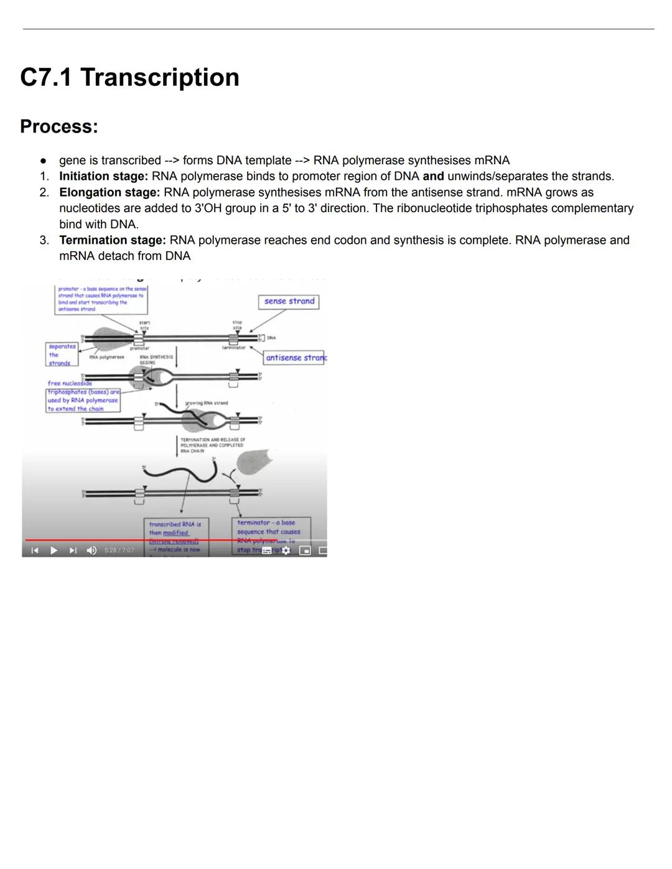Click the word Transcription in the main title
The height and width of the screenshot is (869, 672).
tap(159, 78)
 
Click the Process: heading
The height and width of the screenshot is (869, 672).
tap(59, 126)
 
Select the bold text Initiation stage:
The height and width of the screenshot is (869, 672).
tap(103, 176)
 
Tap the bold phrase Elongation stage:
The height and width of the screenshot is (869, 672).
tap(110, 192)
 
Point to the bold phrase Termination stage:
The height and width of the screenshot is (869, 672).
tap(113, 240)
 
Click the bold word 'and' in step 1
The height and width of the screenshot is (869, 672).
tap(433, 176)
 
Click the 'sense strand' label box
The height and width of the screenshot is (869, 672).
tap(289, 302)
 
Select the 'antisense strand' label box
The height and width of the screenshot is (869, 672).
tap(294, 358)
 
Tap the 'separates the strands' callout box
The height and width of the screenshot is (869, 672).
tap(62, 355)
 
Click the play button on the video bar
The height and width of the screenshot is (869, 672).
tap(54, 551)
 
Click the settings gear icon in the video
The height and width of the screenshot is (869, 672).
tap(286, 551)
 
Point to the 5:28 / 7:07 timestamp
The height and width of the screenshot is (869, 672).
tap(119, 551)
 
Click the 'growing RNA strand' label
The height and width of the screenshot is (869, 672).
tap(207, 403)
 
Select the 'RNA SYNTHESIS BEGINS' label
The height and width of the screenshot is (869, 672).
tap(156, 360)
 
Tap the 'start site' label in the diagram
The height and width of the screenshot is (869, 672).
tap(144, 325)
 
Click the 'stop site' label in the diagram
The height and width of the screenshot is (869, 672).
tap(237, 325)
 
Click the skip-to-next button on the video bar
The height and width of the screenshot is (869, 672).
tap(73, 551)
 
